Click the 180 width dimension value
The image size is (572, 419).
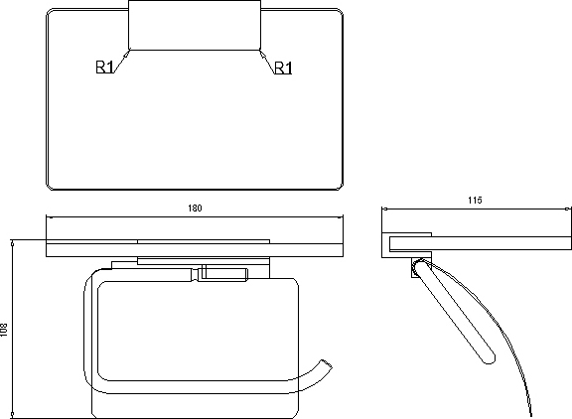[x=195, y=209]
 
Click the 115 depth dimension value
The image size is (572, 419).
[x=475, y=201]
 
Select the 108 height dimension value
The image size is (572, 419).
[x=4, y=330]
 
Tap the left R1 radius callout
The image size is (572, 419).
[x=104, y=68]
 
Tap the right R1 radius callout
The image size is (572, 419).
[x=283, y=68]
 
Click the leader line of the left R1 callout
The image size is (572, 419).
[x=121, y=62]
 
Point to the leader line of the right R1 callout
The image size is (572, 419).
[x=267, y=62]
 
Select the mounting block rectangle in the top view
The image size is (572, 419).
[x=195, y=25]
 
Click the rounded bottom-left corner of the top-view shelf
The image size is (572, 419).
[x=50, y=187]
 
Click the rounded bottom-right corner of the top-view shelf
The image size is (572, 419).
[x=340, y=187]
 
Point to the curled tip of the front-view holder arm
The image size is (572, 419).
[x=326, y=364]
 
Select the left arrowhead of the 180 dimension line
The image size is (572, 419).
[x=49, y=217]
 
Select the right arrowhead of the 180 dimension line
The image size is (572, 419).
[x=341, y=217]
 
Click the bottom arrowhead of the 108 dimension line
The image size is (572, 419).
[x=12, y=415]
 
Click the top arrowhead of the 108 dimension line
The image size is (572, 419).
[x=12, y=243]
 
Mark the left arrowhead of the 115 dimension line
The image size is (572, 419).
[x=384, y=209]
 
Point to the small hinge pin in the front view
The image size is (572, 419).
[x=204, y=273]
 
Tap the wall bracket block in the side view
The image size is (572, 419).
[x=407, y=245]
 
